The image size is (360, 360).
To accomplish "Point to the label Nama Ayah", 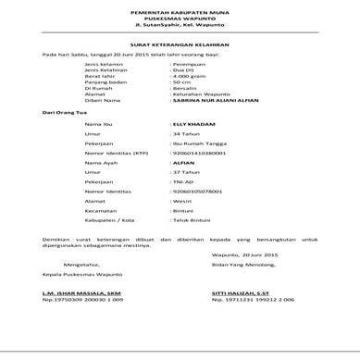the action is (x=101, y=184).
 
